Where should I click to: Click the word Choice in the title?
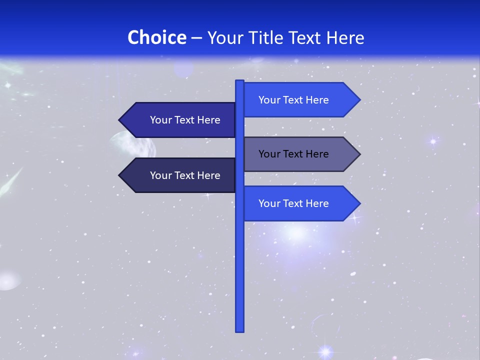pyautogui.click(x=156, y=37)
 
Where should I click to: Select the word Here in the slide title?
pyautogui.click(x=345, y=37)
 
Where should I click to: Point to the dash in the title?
pyautogui.click(x=196, y=38)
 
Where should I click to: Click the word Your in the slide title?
pyautogui.click(x=225, y=37)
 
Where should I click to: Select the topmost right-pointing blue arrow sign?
pyautogui.click(x=295, y=100)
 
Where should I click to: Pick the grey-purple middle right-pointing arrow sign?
pyautogui.click(x=295, y=154)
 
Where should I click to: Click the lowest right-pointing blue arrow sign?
pyautogui.click(x=295, y=203)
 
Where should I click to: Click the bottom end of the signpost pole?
pyautogui.click(x=240, y=330)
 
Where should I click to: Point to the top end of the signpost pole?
pyautogui.click(x=240, y=81)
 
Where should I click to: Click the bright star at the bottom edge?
pyautogui.click(x=325, y=351)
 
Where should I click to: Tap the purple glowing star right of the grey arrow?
pyautogui.click(x=433, y=141)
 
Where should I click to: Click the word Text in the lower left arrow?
pyautogui.click(x=185, y=175)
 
